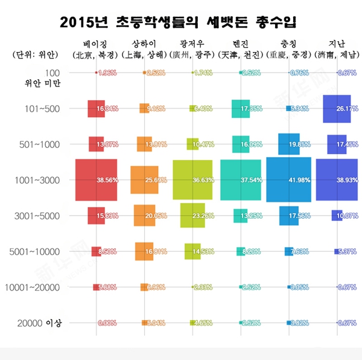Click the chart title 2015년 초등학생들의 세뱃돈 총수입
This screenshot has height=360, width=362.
point(181,22)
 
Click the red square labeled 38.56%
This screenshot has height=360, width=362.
point(95,180)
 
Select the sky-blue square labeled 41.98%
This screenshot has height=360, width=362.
point(288,179)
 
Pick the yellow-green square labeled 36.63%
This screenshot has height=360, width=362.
point(192,179)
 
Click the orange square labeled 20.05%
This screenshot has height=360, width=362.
point(144,216)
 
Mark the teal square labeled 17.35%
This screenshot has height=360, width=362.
point(240,109)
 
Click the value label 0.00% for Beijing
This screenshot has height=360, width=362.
point(107,323)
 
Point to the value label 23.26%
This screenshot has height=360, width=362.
point(203,216)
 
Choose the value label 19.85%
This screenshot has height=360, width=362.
point(299,144)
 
